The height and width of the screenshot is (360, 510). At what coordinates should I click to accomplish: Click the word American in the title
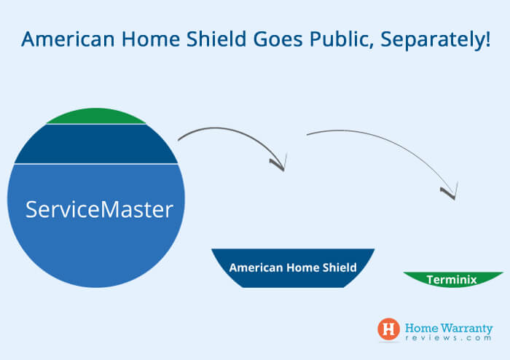68,39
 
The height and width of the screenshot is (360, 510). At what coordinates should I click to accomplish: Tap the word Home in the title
151,39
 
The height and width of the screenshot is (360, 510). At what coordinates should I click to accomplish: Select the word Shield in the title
216,39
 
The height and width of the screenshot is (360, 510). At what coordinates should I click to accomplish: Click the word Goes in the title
278,39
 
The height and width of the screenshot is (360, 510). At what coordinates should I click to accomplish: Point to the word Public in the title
342,39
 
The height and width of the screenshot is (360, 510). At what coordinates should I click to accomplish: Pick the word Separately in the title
431,40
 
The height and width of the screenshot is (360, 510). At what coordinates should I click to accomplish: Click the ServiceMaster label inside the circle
99,209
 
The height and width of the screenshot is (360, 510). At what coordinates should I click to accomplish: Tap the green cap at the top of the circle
96,117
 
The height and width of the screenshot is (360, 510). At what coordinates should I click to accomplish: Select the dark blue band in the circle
96,144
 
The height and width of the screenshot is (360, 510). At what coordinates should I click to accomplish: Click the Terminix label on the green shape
452,280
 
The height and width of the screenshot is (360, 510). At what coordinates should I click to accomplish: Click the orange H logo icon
388,329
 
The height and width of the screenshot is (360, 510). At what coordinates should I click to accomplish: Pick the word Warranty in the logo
467,328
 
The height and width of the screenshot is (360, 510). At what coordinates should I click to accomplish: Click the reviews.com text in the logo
449,338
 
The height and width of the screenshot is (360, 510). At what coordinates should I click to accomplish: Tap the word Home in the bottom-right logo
422,328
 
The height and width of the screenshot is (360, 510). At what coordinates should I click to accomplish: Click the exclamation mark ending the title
488,39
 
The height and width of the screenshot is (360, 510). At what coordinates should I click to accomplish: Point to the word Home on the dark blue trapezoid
302,267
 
